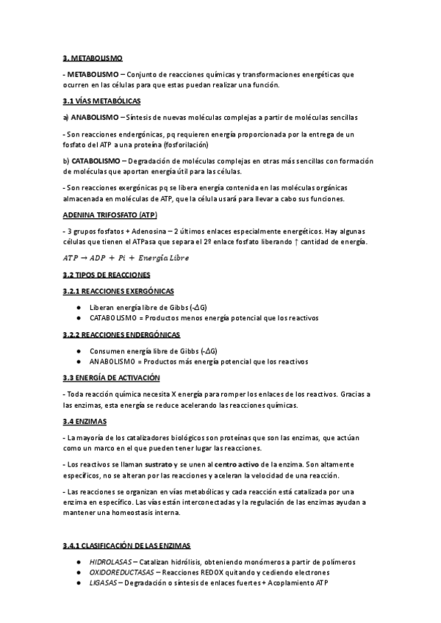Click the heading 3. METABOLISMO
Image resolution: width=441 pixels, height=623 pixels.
(93, 57)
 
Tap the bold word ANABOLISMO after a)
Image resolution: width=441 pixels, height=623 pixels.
(96, 117)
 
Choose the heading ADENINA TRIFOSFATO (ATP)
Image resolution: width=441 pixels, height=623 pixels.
(110, 215)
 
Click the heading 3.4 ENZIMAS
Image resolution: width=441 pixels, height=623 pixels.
(85, 421)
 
